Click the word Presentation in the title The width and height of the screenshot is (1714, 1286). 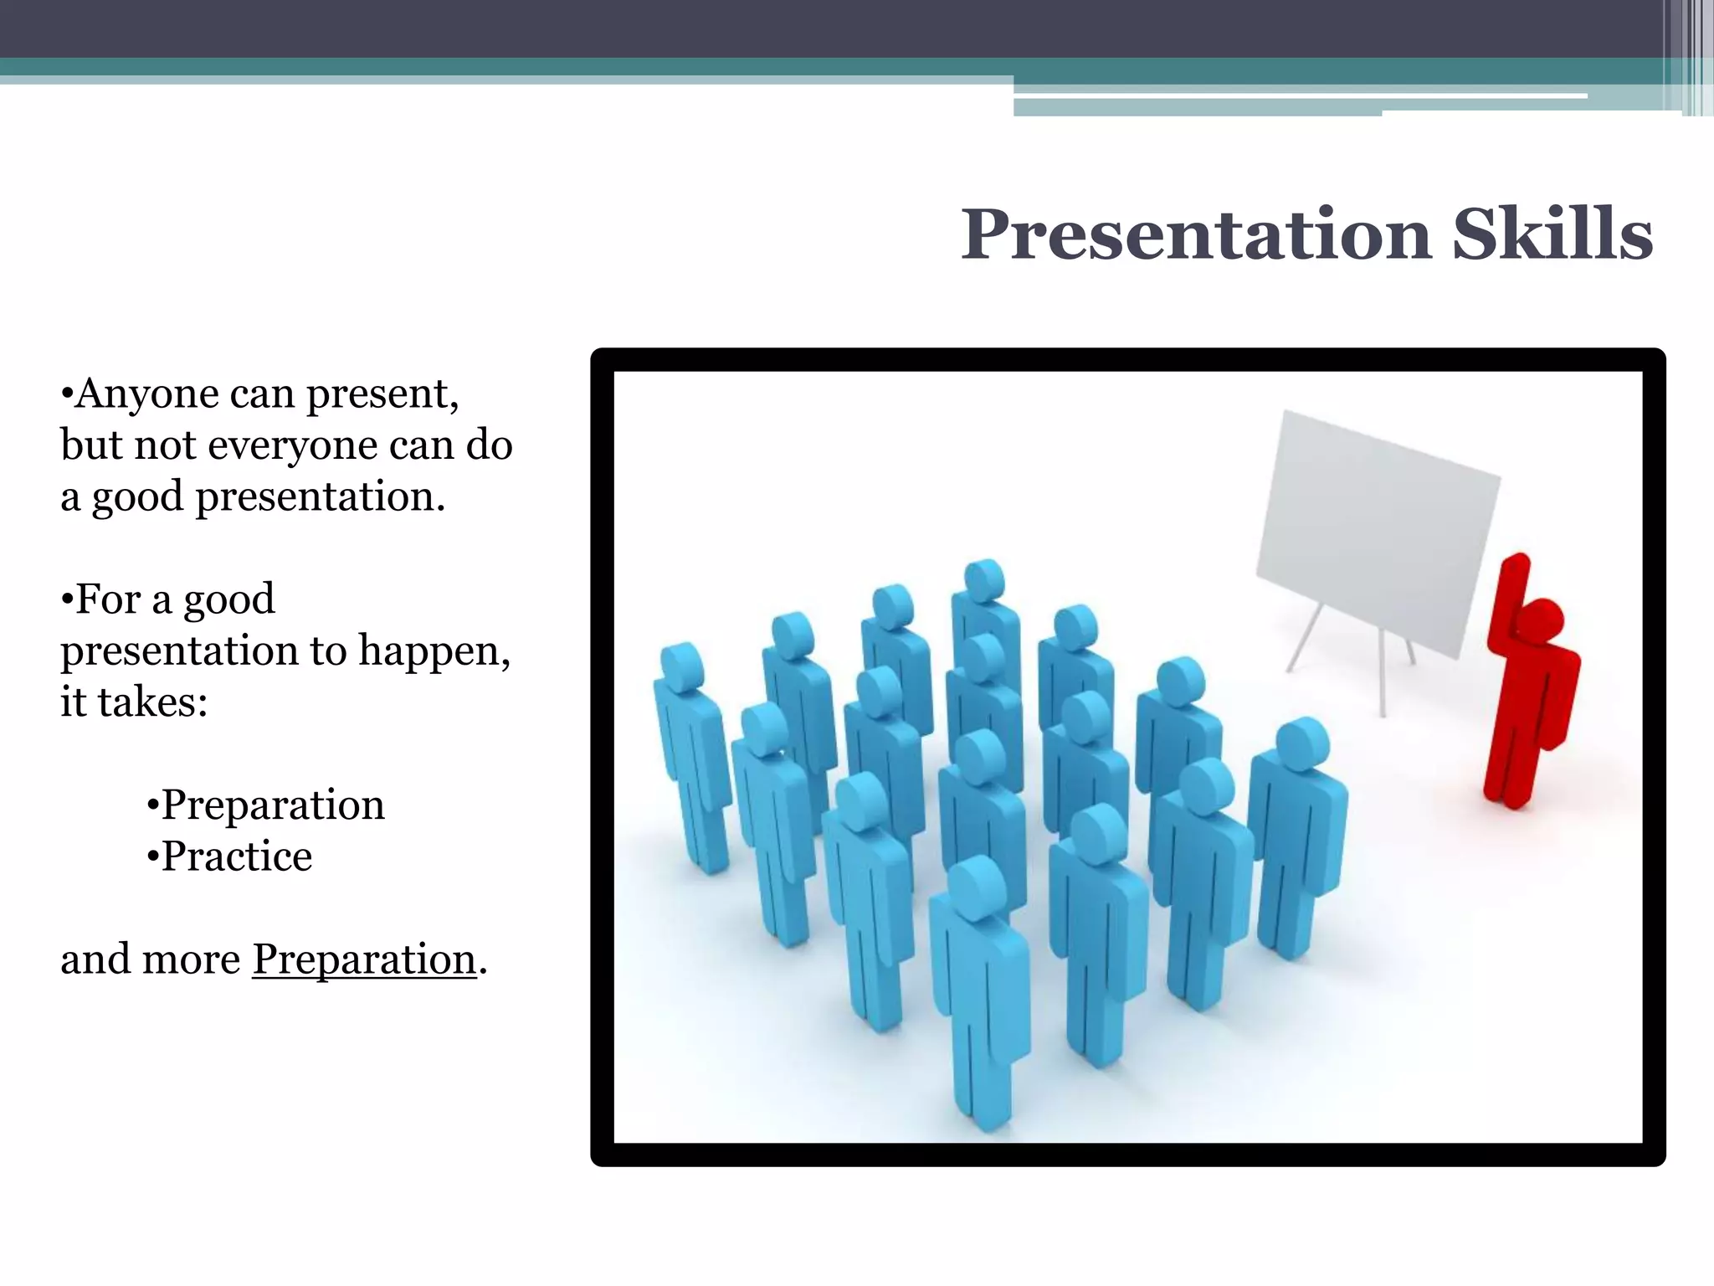[x=1196, y=235]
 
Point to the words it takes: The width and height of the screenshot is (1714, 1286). [x=134, y=702]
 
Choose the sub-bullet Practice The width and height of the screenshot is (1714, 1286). [x=236, y=856]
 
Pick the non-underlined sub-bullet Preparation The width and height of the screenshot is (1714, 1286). [x=272, y=805]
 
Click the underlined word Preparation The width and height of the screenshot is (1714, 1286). [x=364, y=959]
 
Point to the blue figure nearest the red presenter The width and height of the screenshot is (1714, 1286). [x=1297, y=837]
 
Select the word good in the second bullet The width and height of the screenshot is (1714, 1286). [x=228, y=599]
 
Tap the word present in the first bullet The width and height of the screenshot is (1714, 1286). [x=381, y=394]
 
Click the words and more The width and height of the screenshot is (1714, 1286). [x=150, y=959]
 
